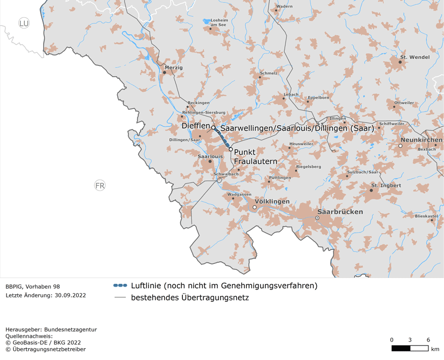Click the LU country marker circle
coord(24,23)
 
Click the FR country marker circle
coord(100,186)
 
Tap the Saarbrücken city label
coord(340,212)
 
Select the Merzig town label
coord(174,67)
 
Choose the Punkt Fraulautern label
coord(255,157)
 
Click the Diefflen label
coord(195,126)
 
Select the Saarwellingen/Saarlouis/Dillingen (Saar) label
coord(297,128)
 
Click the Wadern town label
coord(284,6)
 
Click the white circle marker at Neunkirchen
coord(400,146)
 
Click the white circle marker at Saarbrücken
coord(317,218)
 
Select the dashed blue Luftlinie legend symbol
coord(120,286)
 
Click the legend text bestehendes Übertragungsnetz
coord(190,297)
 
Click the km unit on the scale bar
coord(435,349)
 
